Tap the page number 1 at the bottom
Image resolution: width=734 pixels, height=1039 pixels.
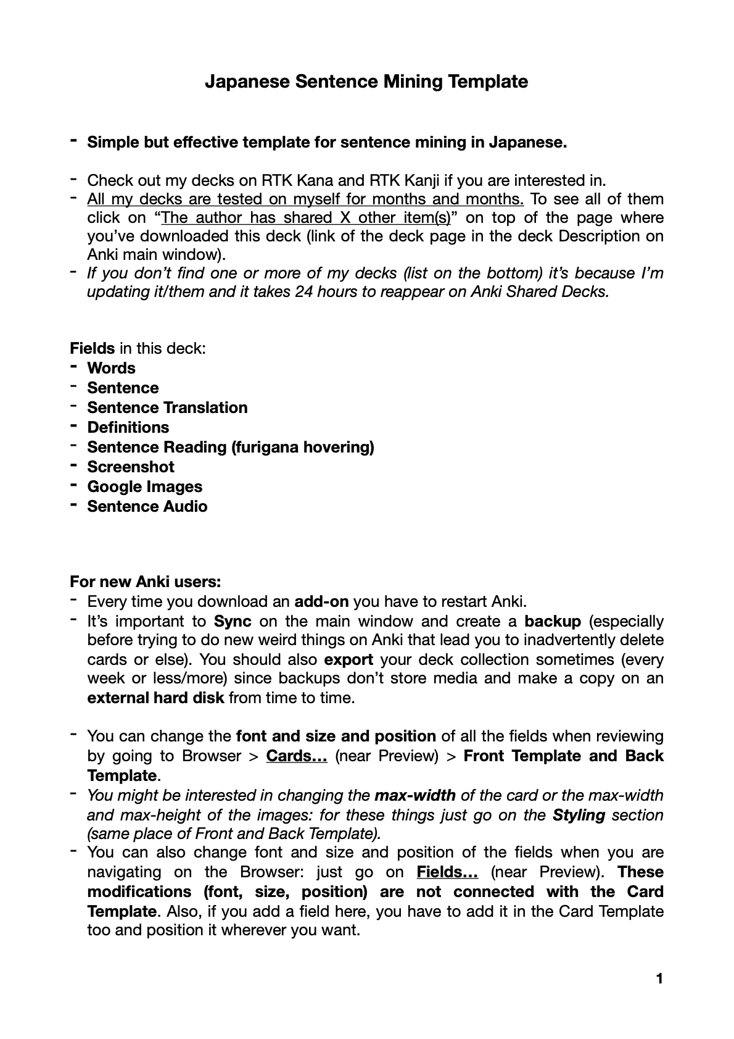point(659,978)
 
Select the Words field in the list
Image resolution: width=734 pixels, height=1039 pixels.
point(111,368)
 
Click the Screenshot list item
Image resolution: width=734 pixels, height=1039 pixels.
point(131,467)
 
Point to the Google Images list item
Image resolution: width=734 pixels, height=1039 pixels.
point(144,486)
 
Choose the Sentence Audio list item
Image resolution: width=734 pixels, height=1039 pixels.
point(147,506)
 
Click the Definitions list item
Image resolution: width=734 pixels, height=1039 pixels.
point(128,427)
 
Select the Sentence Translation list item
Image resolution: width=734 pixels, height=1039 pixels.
point(167,407)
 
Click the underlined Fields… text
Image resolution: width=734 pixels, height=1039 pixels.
point(447,872)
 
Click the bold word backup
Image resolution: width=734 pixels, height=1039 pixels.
point(553,621)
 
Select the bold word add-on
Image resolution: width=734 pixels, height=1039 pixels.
point(321,601)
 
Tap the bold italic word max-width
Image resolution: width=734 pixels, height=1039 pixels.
point(414,795)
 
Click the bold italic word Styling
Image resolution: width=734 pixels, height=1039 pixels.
point(579,815)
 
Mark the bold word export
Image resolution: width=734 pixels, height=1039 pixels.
point(348,659)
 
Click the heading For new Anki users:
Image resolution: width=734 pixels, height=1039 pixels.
point(145,582)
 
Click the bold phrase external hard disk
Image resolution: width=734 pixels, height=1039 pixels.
point(155,698)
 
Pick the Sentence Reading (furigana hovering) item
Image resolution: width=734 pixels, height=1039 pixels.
point(230,447)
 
